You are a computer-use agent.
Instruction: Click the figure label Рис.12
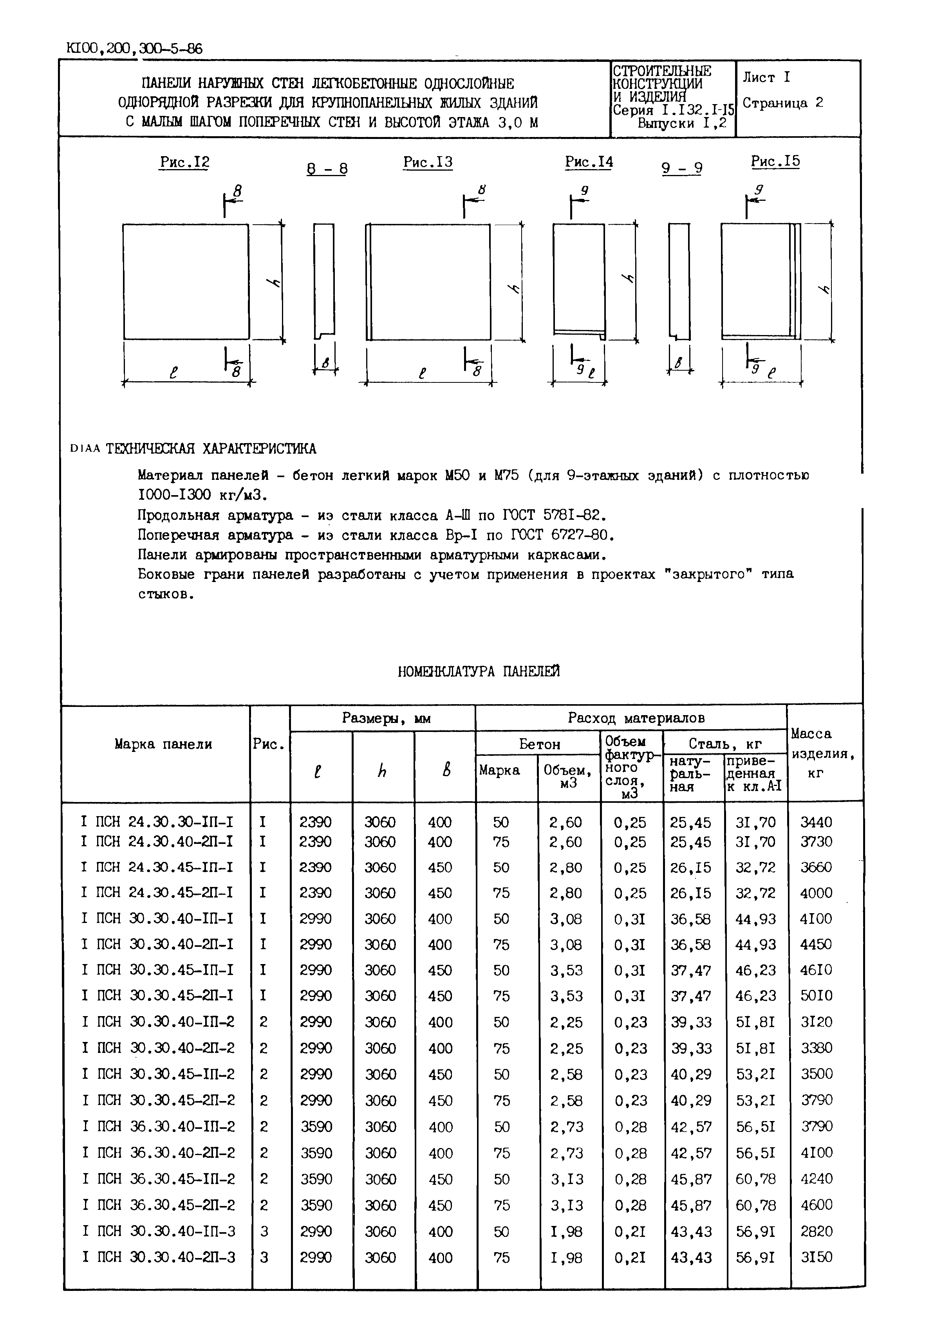(184, 163)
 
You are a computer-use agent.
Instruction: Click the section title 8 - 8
(327, 169)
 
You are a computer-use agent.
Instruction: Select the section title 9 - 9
(682, 168)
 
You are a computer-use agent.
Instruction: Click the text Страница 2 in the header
(782, 103)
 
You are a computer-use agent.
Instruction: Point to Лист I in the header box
(766, 77)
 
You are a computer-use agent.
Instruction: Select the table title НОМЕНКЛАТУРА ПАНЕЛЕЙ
(479, 671)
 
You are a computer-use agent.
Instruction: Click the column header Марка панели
(163, 744)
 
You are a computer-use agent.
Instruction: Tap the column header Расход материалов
(636, 718)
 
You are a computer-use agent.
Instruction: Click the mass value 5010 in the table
(816, 996)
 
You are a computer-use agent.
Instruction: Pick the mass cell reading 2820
(816, 1231)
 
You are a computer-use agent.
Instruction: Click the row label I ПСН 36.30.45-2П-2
(158, 1206)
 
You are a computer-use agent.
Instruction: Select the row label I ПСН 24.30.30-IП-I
(157, 822)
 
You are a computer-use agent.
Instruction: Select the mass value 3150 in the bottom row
(816, 1258)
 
